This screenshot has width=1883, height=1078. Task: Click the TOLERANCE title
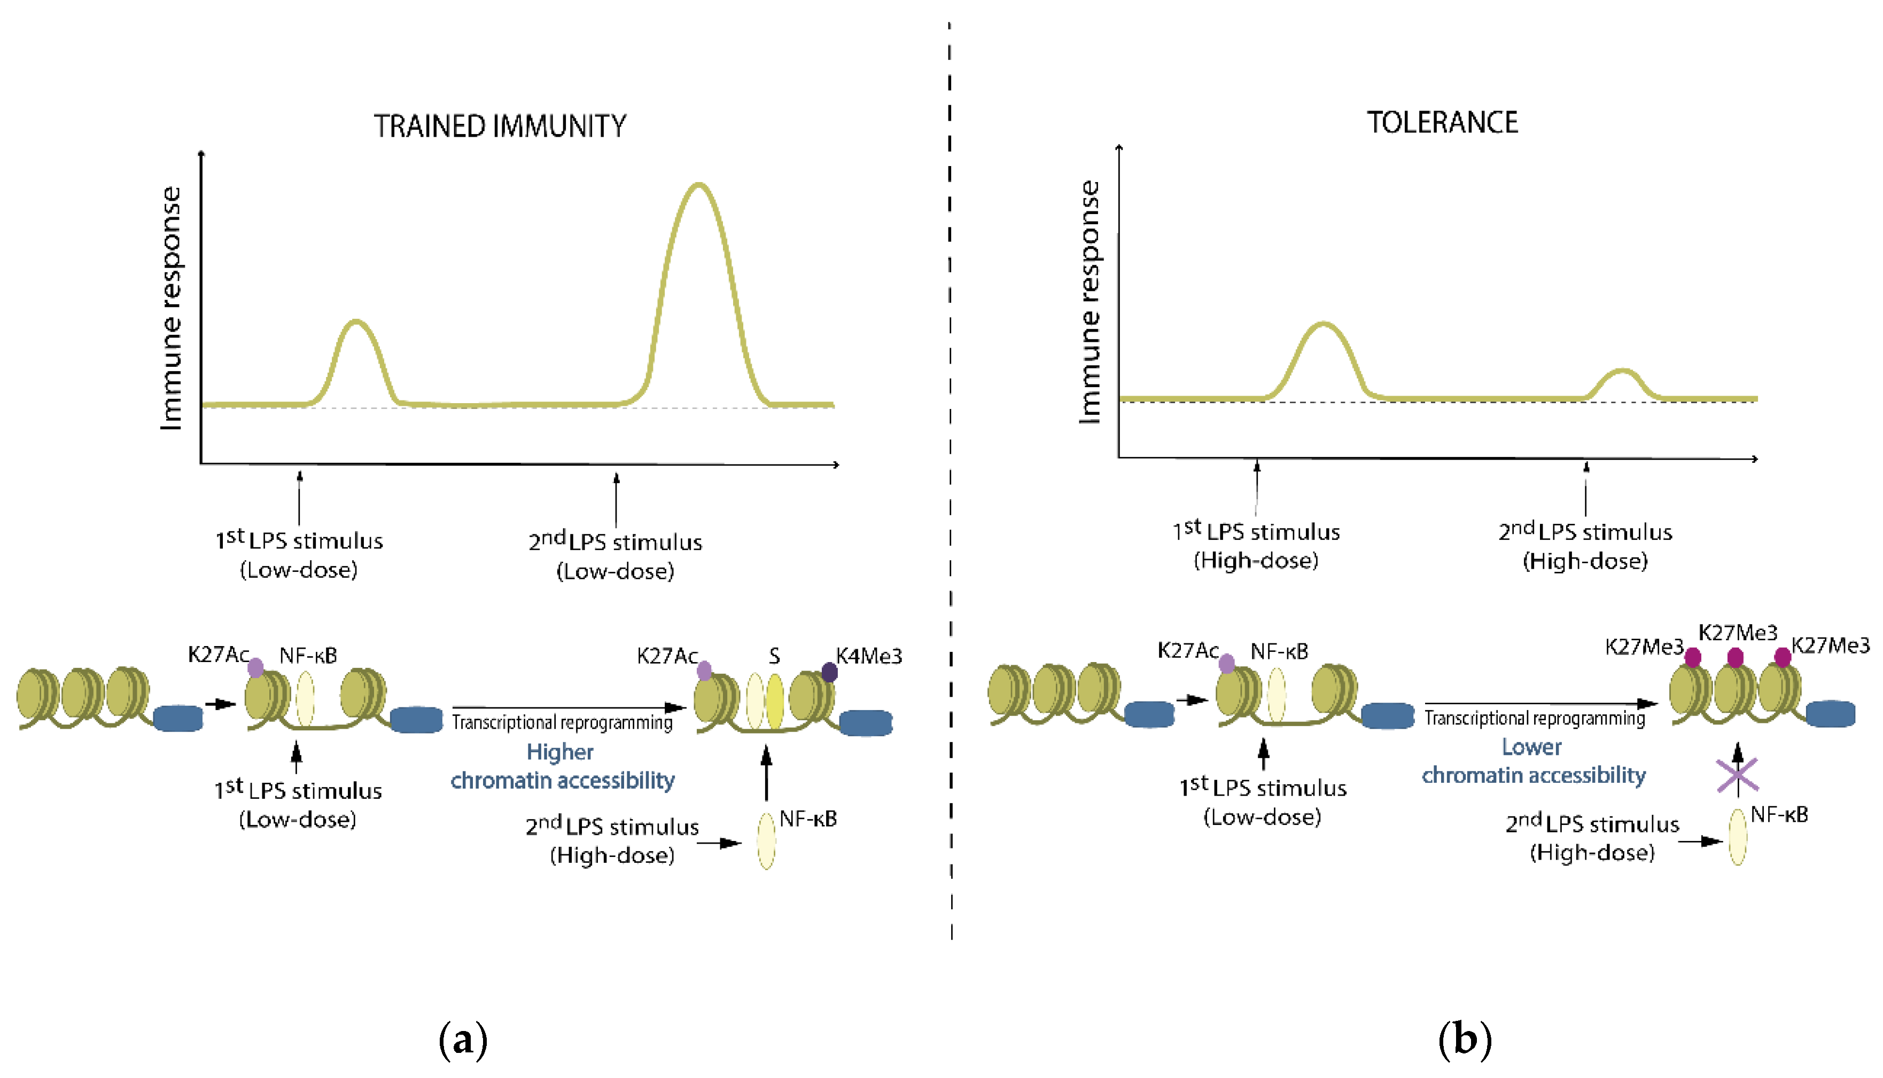(1442, 123)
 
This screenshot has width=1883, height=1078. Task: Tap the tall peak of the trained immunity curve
(698, 185)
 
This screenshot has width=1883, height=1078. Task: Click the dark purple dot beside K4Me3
(830, 672)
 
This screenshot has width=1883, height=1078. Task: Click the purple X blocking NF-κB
(1737, 775)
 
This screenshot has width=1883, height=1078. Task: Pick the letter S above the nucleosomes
(774, 656)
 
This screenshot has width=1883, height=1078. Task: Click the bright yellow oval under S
(775, 701)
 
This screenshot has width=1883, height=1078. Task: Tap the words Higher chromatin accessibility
(562, 766)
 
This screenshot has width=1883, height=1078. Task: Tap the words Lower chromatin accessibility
(1532, 762)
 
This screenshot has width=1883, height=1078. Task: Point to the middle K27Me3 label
(1737, 633)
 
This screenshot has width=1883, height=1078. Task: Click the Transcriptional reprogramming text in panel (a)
(562, 722)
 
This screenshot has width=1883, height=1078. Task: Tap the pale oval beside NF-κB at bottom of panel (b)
(1737, 837)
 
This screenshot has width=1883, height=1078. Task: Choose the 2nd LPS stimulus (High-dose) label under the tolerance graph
(1585, 546)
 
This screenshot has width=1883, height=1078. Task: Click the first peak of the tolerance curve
(1323, 324)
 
